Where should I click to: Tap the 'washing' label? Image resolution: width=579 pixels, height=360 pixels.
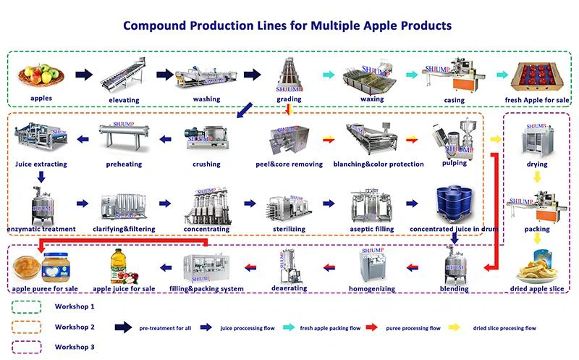[206, 99]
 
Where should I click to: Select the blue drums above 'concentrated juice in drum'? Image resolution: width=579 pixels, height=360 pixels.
[454, 206]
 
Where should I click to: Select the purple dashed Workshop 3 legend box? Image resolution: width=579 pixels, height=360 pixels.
[27, 346]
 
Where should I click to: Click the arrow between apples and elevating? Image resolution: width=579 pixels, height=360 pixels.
[85, 74]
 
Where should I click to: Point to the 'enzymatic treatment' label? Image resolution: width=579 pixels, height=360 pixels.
[41, 230]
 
